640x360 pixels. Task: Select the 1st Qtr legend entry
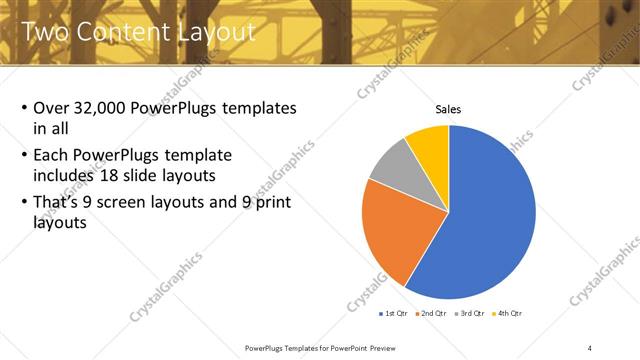(394, 313)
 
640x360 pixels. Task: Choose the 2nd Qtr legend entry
(431, 313)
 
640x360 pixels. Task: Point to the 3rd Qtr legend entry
(469, 313)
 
